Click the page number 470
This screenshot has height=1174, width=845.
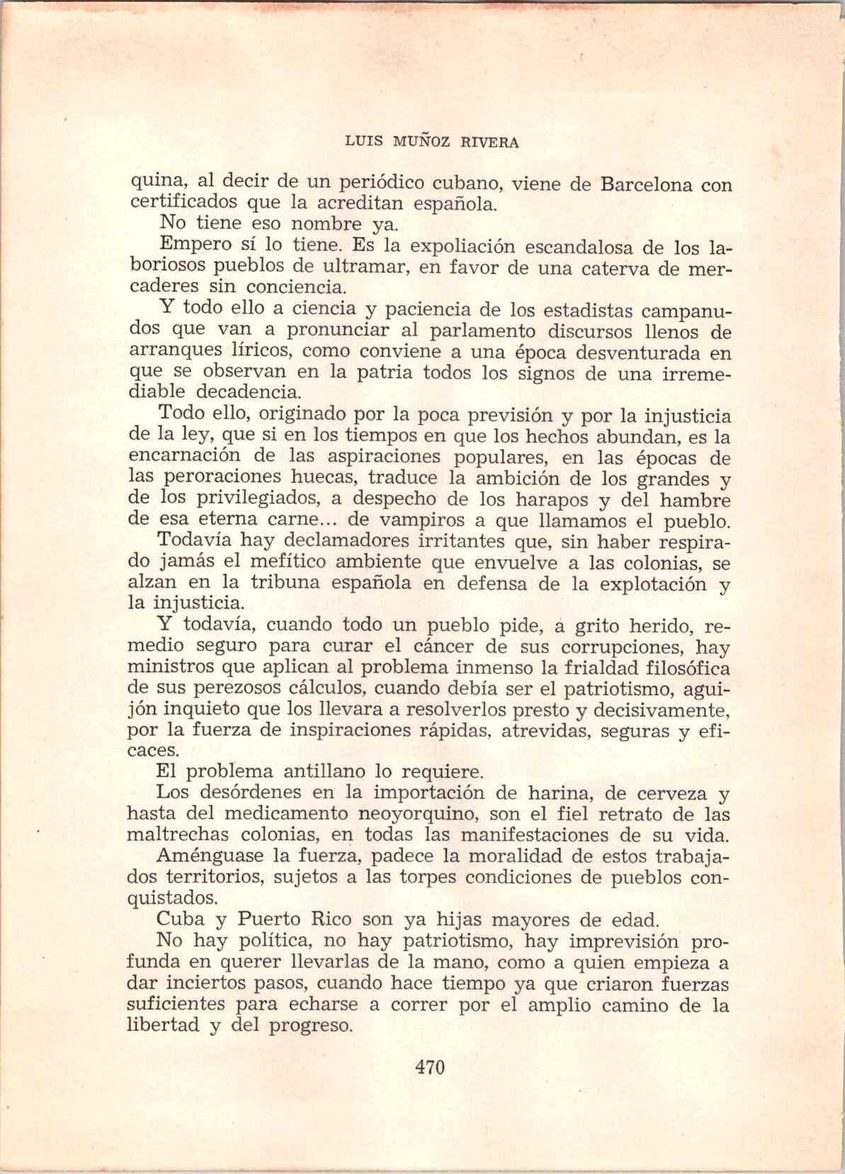click(x=429, y=1066)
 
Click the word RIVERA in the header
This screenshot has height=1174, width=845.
click(x=490, y=142)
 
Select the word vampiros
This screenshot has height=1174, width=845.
click(x=434, y=521)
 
